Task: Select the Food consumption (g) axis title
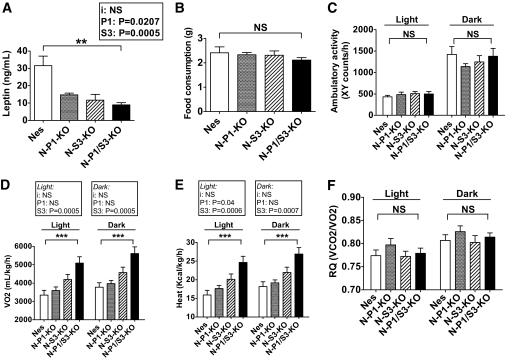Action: tap(182, 75)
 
